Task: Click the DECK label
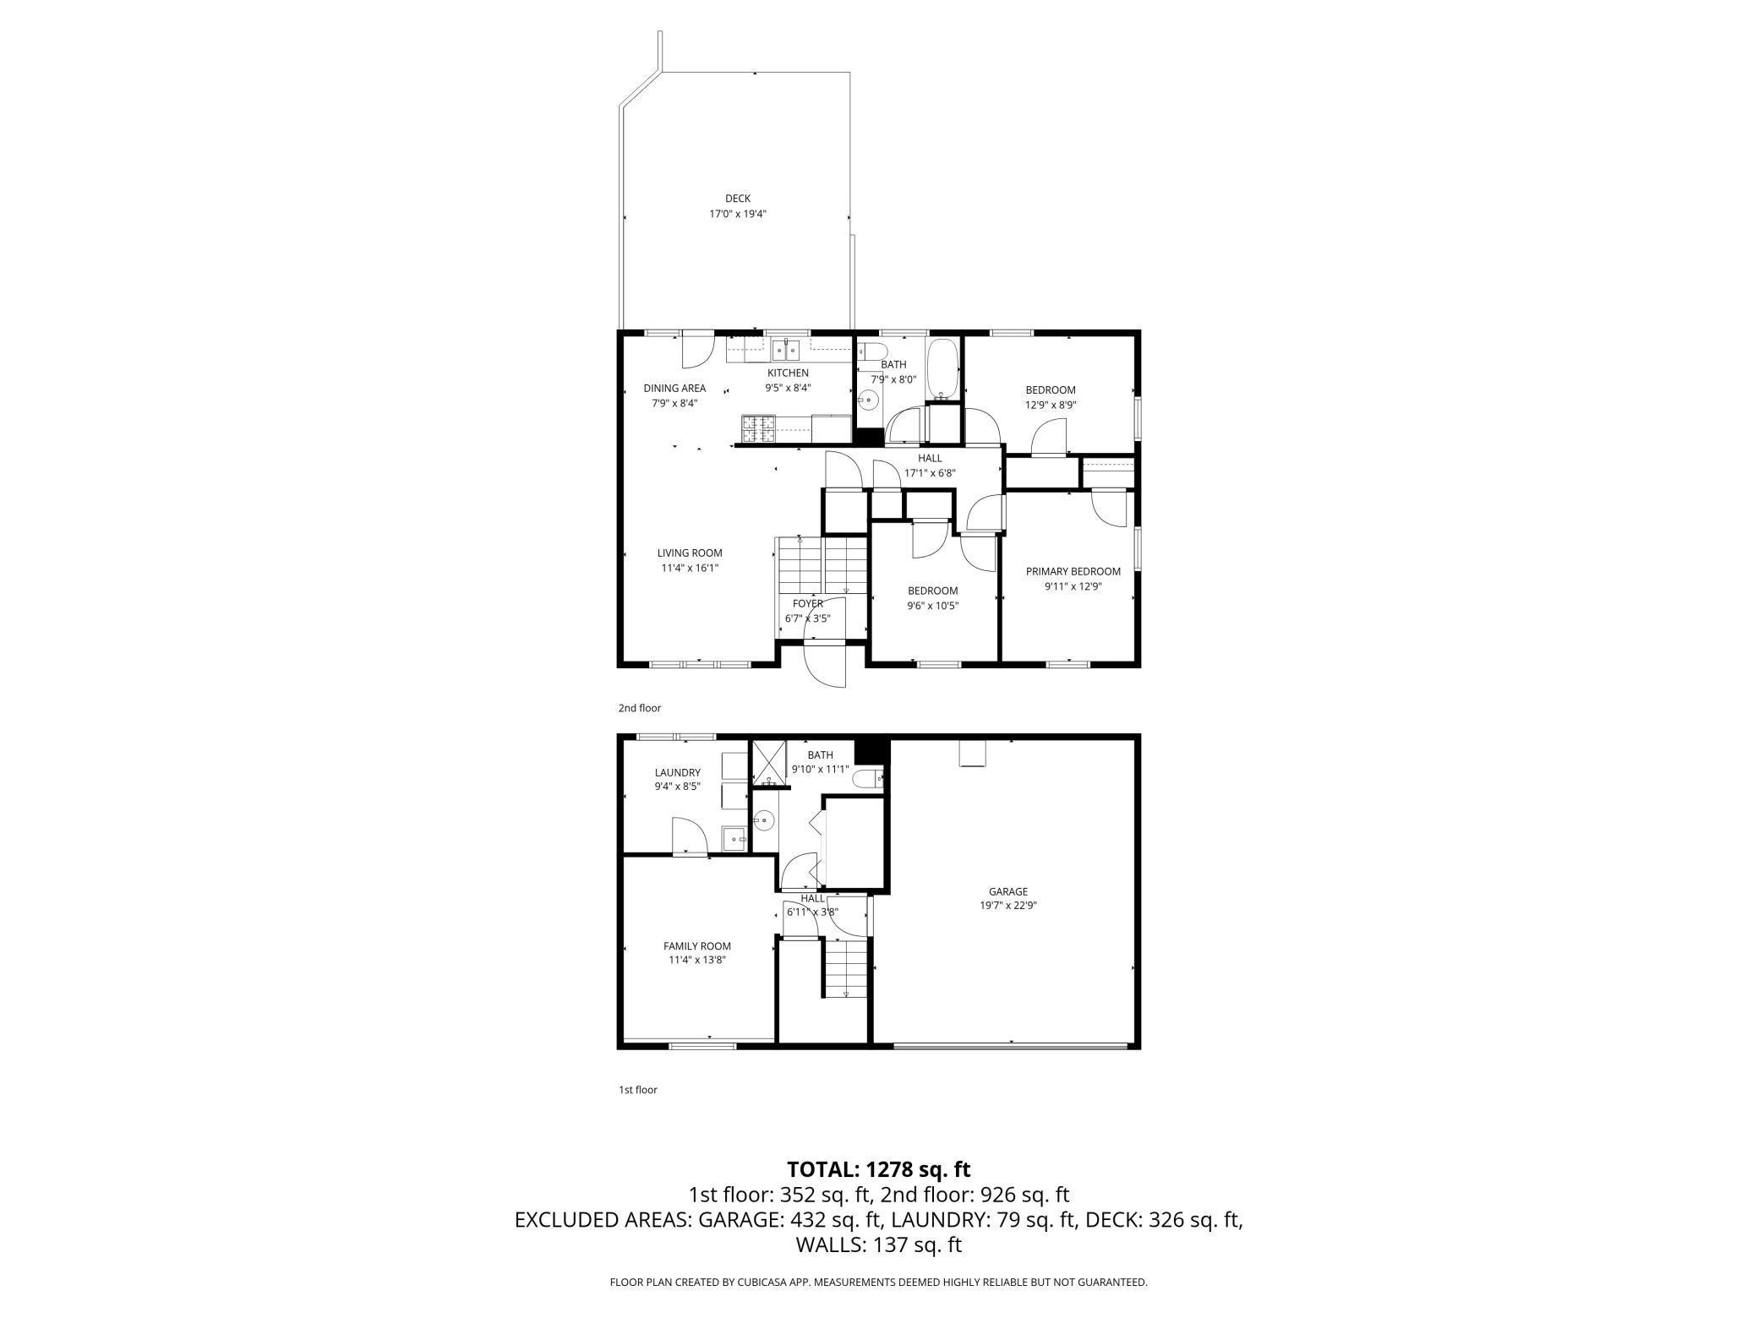click(x=737, y=199)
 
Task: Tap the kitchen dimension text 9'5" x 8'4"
click(x=787, y=388)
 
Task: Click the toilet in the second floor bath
click(x=871, y=351)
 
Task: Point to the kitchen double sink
click(x=786, y=349)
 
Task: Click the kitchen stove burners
click(x=167, y=428)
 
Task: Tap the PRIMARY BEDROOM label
click(x=1073, y=571)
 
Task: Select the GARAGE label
click(x=1007, y=891)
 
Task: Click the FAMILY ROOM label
click(x=696, y=946)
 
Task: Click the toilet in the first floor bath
click(x=867, y=778)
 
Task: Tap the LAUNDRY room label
click(x=677, y=772)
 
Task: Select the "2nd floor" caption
click(x=639, y=708)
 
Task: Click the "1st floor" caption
click(x=637, y=1090)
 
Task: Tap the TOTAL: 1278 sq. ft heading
click(x=878, y=1169)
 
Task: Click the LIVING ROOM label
click(x=690, y=553)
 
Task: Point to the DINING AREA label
click(x=674, y=389)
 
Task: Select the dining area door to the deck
click(x=697, y=351)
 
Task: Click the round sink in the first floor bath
click(x=764, y=818)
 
